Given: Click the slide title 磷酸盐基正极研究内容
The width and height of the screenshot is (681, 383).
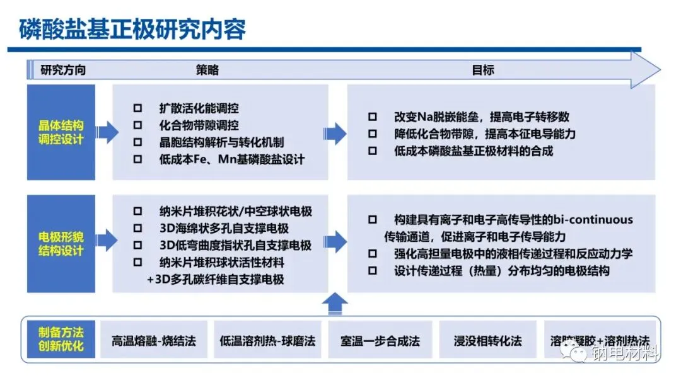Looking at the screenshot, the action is coord(132,28).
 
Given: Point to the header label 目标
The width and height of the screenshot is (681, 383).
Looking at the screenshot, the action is coord(482,71).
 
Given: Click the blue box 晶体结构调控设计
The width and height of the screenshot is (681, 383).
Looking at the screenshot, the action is coord(61,132).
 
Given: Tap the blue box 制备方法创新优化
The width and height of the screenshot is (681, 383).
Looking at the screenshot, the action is coord(61,340).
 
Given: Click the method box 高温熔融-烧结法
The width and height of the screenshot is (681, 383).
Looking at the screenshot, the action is coord(154,341).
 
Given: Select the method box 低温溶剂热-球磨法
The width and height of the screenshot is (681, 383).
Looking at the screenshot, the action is coord(267,341).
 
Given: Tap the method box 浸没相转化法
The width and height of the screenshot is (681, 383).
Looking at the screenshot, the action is coord(488,341).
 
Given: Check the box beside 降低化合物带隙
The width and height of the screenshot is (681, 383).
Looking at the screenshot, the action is coord(373,134).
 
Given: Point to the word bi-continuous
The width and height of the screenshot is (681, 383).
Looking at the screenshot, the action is coord(592,220).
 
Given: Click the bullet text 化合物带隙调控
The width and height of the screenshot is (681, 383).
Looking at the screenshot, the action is coord(199,125).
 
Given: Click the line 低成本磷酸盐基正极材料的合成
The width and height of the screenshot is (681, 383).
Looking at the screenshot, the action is coord(473,151).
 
